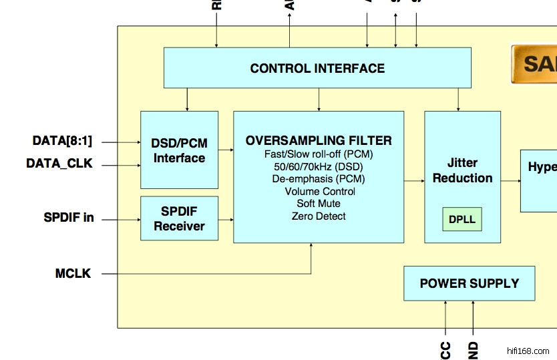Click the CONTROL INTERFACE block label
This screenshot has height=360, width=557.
tap(317, 68)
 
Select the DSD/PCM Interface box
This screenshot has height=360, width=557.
tap(179, 150)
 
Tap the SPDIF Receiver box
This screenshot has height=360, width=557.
tap(179, 218)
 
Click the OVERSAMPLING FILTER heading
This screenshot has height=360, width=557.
tap(319, 140)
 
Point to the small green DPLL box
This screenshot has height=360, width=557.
tap(462, 220)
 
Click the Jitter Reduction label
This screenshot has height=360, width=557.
tap(462, 170)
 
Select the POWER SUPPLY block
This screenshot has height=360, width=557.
tap(469, 283)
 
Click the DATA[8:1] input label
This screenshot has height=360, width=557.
tap(62, 141)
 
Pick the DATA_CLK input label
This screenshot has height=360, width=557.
tap(59, 163)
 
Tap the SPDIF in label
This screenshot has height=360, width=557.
tap(68, 218)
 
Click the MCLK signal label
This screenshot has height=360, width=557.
tap(73, 273)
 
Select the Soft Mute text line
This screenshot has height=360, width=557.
tap(319, 203)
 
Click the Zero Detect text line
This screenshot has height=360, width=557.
tap(319, 216)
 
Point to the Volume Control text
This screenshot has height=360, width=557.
tap(319, 191)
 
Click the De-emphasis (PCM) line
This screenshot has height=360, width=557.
tap(319, 178)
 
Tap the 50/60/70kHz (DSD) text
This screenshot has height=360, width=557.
tap(319, 166)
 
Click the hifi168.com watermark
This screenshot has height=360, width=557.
tap(528, 351)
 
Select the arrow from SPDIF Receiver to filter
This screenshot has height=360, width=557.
tap(226, 218)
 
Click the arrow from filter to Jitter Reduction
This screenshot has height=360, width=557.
tap(414, 180)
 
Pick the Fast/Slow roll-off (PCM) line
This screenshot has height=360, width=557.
tap(319, 154)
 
